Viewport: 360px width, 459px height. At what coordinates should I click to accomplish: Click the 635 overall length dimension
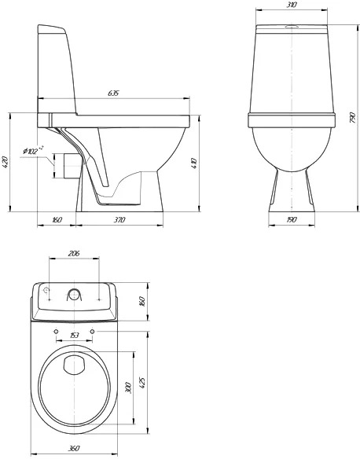tap(113, 93)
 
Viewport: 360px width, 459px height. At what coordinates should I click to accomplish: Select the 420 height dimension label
tap(6, 162)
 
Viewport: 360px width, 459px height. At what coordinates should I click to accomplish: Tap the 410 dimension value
tap(194, 163)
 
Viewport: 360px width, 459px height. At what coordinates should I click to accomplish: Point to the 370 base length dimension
tap(119, 219)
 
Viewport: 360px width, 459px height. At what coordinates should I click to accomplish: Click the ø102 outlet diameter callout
tap(33, 151)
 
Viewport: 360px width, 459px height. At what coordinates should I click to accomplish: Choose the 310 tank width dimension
tap(292, 5)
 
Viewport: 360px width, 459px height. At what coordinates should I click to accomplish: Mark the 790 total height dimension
tap(353, 117)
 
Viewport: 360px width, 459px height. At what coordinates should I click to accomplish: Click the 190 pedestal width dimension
tap(292, 219)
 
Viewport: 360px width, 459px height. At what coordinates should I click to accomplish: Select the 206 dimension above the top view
tap(74, 253)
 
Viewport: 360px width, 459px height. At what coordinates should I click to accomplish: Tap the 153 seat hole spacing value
tap(75, 335)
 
